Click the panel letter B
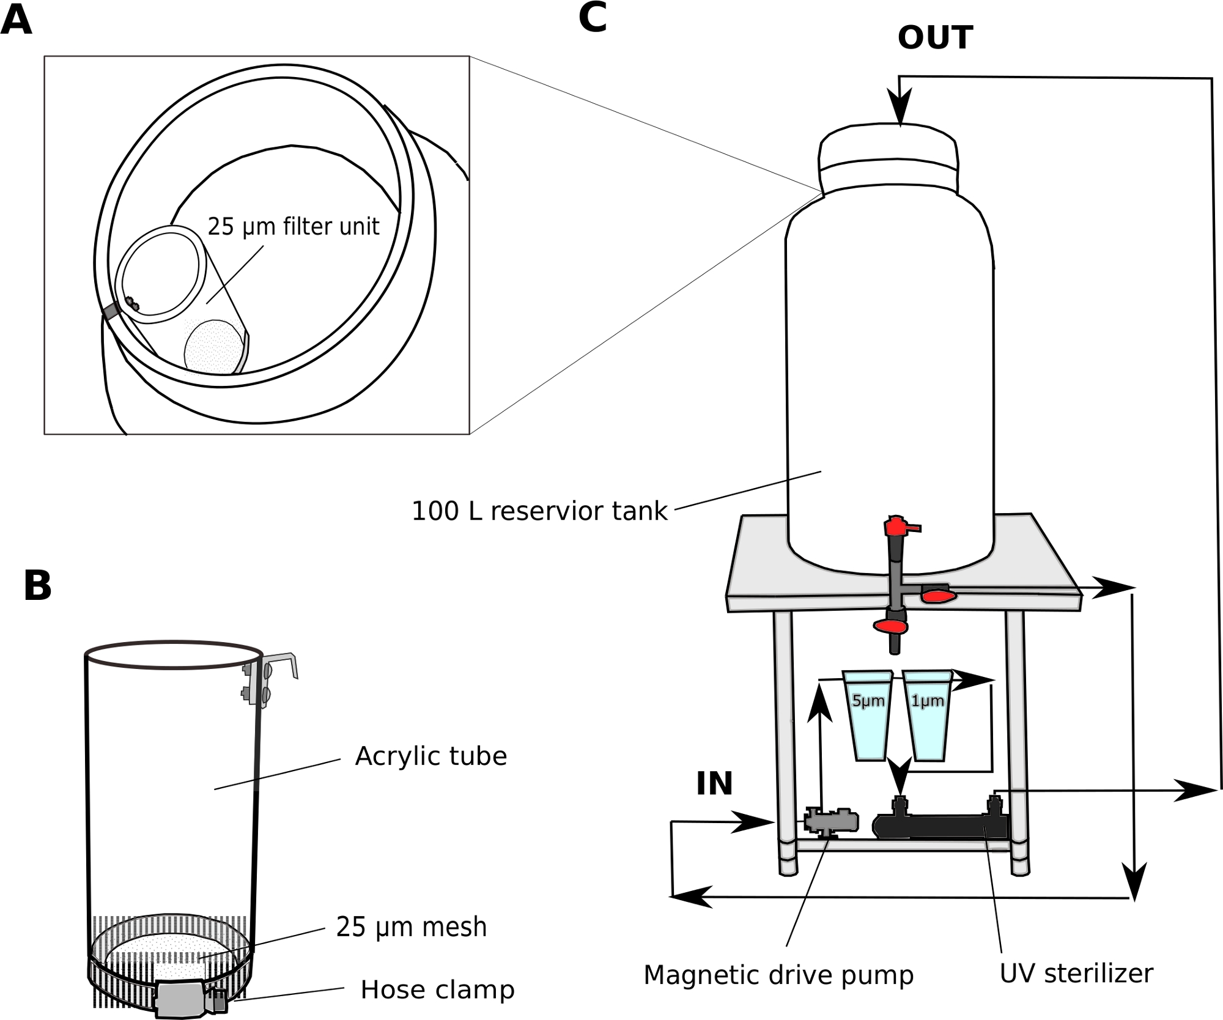(x=37, y=585)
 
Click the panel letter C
(x=592, y=18)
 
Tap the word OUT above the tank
(x=934, y=38)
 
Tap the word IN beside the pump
(x=714, y=783)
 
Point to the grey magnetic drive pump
(x=830, y=821)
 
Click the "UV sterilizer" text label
(x=1076, y=973)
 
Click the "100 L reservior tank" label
(x=539, y=511)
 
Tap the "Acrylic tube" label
(x=431, y=757)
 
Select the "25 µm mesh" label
(x=412, y=928)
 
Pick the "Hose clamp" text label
(x=437, y=990)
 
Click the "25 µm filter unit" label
(x=294, y=227)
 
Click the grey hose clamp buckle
(x=181, y=998)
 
